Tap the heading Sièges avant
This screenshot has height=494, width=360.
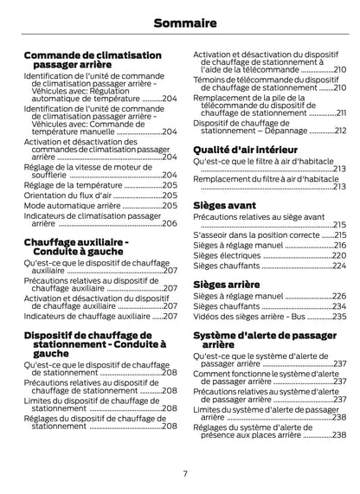(x=224, y=206)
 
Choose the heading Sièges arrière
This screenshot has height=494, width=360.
(x=226, y=283)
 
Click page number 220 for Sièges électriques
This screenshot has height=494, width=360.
(x=339, y=255)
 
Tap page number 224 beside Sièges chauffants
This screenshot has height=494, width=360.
(x=339, y=266)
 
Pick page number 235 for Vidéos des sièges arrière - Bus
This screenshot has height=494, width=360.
(x=339, y=317)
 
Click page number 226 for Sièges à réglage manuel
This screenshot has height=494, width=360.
(x=339, y=296)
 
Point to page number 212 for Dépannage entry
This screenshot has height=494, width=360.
(x=340, y=131)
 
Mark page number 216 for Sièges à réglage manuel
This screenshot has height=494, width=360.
(x=339, y=245)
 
